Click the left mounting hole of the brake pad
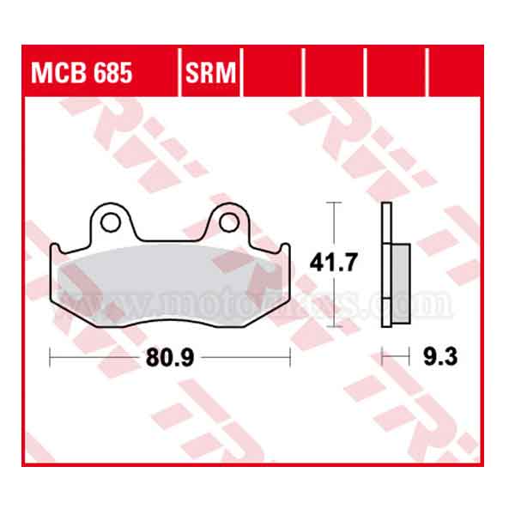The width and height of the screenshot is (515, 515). coord(110,222)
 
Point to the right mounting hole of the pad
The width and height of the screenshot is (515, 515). coord(228,222)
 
